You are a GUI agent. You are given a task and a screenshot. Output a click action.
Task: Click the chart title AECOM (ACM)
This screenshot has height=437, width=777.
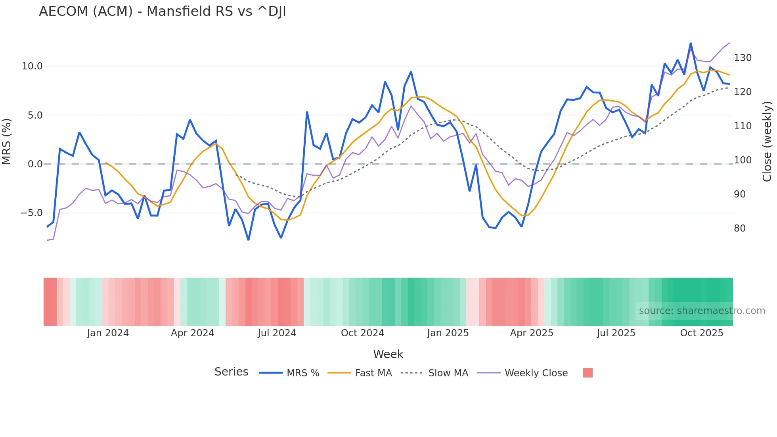(162, 11)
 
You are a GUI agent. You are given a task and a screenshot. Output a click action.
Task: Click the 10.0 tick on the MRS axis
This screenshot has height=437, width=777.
(32, 66)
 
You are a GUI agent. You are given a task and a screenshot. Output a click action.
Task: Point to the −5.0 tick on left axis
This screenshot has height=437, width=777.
(31, 213)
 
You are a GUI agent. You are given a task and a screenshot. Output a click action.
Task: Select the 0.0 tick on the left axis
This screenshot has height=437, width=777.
(35, 164)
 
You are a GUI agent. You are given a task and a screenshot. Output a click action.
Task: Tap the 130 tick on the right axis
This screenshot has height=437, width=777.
(743, 58)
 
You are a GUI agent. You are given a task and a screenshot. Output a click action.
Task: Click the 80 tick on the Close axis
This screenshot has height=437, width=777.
(740, 228)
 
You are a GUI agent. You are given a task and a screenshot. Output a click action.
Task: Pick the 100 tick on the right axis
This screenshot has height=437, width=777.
(743, 160)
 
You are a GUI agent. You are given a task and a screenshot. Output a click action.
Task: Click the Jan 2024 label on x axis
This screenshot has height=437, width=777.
(108, 333)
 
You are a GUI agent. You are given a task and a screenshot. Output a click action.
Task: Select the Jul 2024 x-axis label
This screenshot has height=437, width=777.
(277, 333)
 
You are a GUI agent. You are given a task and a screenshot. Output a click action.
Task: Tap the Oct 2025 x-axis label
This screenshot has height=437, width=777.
(701, 333)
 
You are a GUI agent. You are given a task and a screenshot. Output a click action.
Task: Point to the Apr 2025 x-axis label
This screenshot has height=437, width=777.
(531, 333)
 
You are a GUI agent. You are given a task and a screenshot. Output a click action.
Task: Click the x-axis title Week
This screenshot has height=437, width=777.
(388, 354)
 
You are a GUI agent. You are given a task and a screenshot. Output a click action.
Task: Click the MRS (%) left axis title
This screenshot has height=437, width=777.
(7, 141)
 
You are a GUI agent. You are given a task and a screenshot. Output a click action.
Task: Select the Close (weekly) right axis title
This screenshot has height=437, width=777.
(767, 141)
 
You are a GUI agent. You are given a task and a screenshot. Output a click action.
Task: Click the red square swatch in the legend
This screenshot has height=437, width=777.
(588, 373)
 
